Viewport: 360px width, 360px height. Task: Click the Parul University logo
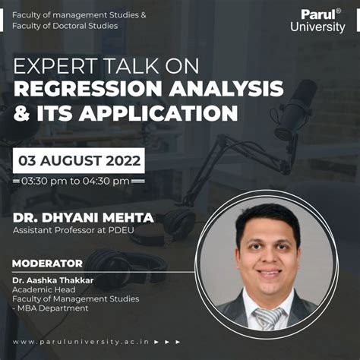[x=317, y=21]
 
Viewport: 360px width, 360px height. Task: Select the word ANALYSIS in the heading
[x=228, y=89]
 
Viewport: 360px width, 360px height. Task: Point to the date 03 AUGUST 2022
[x=79, y=161]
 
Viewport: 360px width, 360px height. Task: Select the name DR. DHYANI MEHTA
[x=83, y=218]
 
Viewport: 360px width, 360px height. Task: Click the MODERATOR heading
[x=47, y=264]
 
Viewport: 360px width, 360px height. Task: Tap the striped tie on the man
[x=267, y=317]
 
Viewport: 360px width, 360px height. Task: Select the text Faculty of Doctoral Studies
[x=65, y=26]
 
